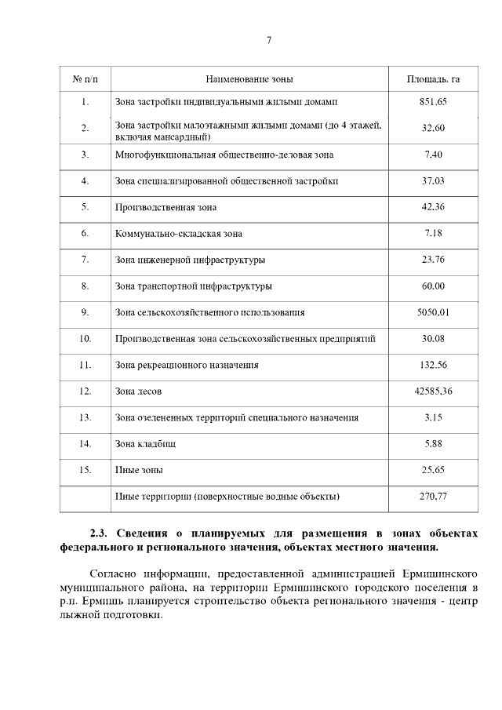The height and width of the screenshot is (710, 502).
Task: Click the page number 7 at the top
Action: point(268,41)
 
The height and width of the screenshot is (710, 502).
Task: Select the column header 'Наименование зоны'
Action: point(249,80)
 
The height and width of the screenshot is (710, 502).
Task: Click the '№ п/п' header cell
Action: point(85,80)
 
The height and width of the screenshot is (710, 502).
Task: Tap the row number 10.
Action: point(85,339)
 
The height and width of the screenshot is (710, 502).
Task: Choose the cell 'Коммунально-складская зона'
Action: point(179,234)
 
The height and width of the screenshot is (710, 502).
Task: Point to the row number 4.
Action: point(85,181)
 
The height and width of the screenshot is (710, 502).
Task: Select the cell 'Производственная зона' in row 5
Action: point(166,208)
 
